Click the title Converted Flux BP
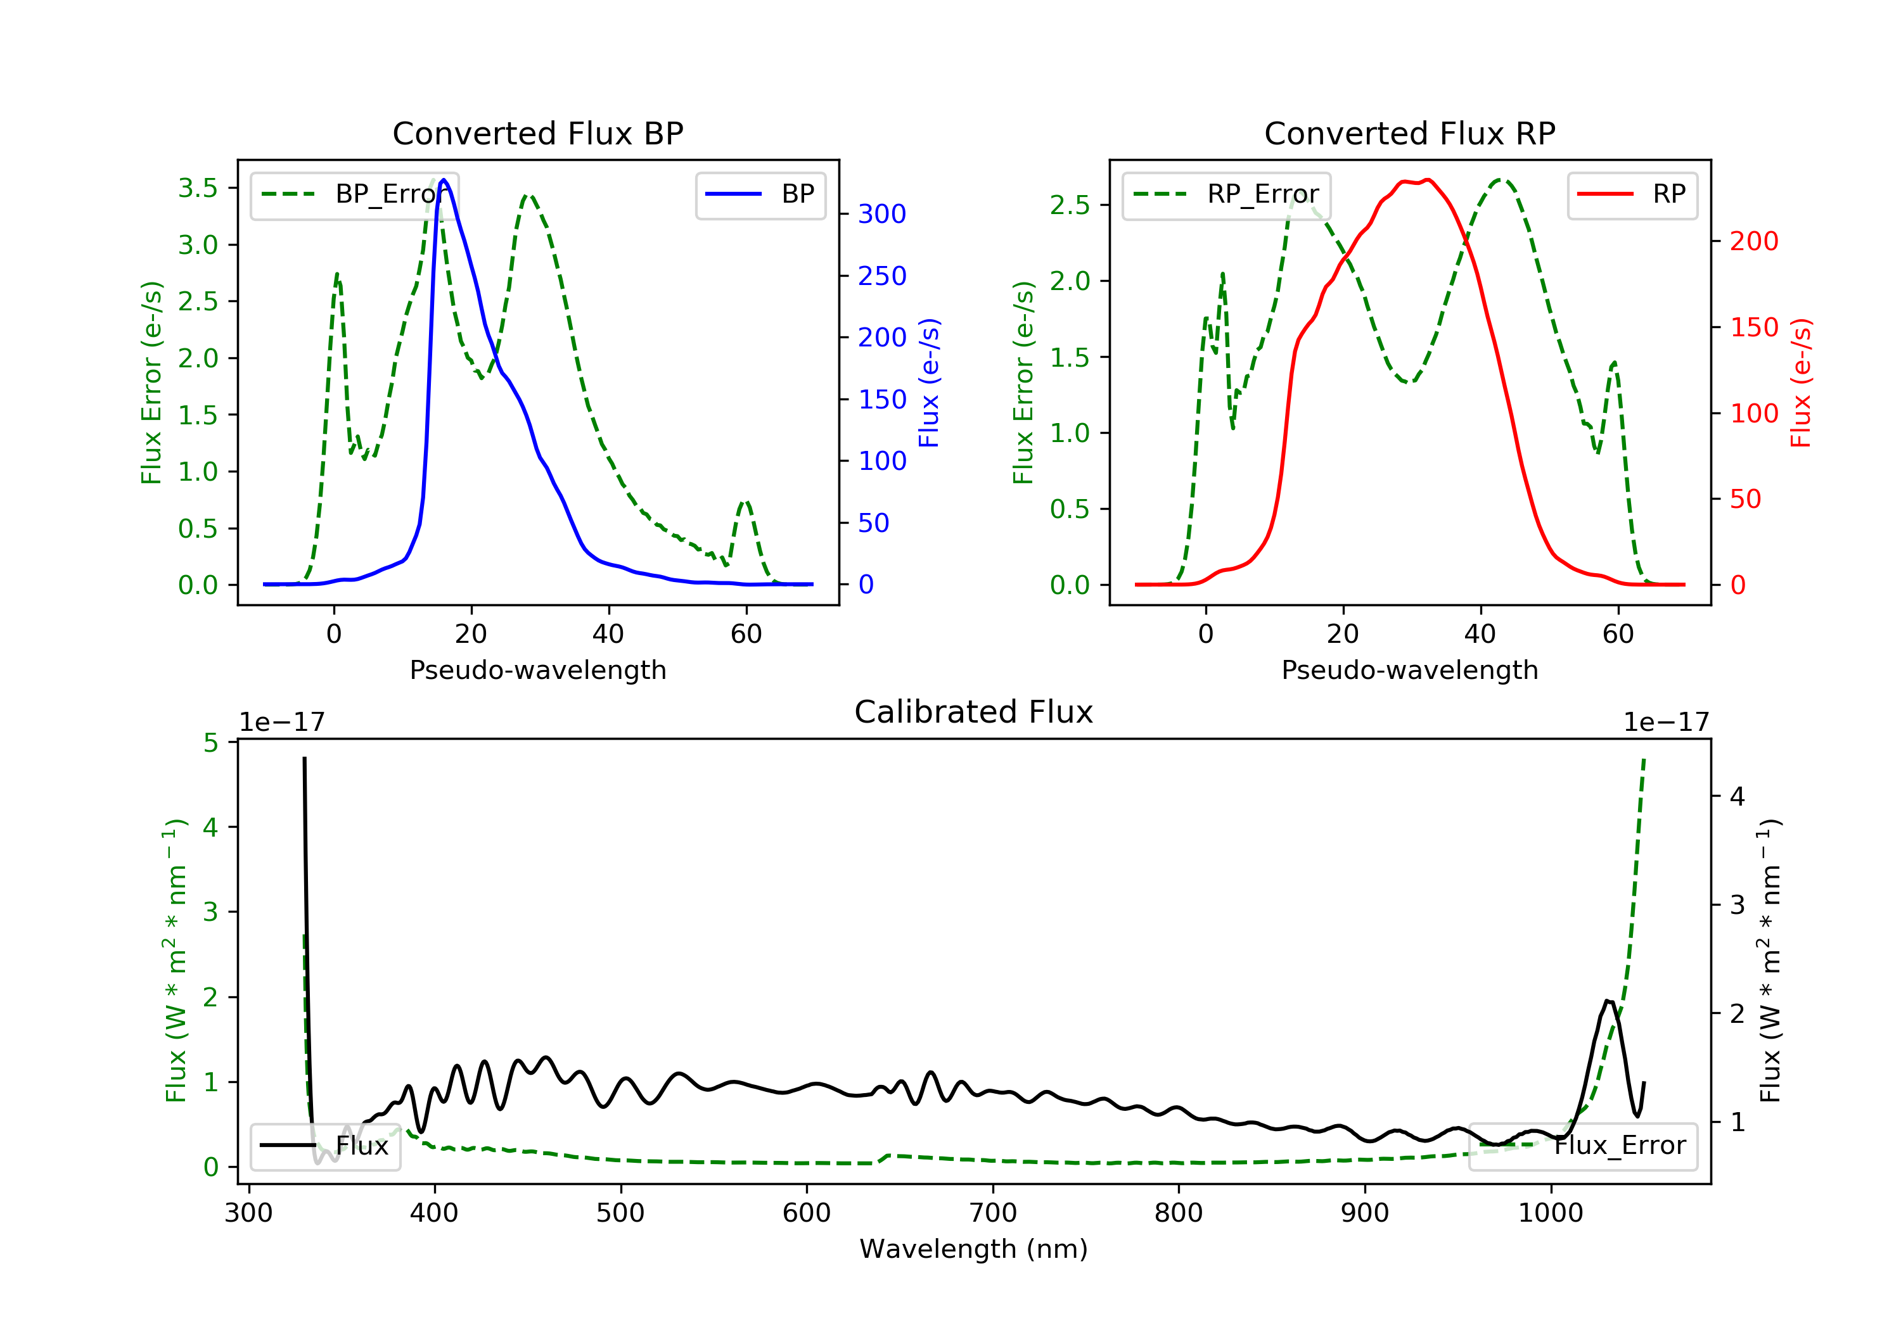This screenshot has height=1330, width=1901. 537,133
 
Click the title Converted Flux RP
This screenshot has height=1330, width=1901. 1409,133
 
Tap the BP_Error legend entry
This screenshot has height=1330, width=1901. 354,194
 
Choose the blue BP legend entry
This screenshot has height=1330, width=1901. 760,194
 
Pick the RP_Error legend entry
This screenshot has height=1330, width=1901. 1226,194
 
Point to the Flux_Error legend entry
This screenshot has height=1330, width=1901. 1582,1146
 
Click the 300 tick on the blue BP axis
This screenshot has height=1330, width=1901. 882,214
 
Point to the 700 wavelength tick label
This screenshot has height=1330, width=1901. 993,1213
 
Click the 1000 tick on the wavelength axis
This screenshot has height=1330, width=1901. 1551,1213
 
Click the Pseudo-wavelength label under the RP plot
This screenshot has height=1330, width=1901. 1409,669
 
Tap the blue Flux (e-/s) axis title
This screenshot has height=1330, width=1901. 929,383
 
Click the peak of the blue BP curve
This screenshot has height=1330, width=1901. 444,180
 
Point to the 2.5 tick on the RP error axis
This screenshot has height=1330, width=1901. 1070,205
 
